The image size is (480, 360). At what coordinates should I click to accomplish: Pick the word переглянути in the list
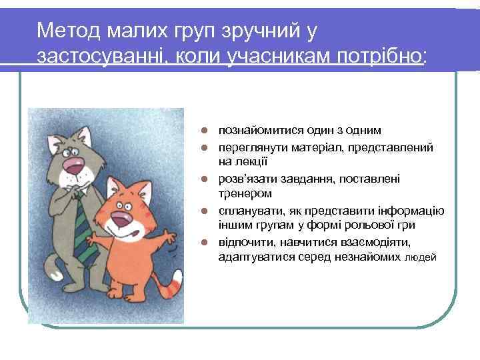(x=251, y=146)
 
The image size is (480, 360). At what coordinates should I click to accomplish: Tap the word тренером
(x=245, y=194)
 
